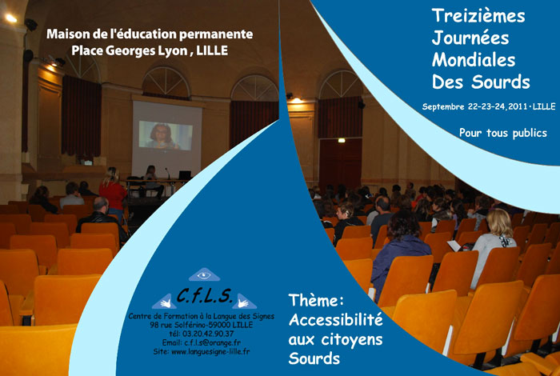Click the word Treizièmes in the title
pos(478,16)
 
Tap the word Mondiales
pos(474,60)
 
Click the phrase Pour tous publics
pos(503,133)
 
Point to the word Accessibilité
pos(335,319)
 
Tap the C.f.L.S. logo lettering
pos(205,295)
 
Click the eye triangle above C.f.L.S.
pos(204,274)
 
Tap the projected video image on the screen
pos(166,135)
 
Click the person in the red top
pos(113,193)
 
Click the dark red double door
pos(340,163)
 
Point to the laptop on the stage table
pos(185,175)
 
